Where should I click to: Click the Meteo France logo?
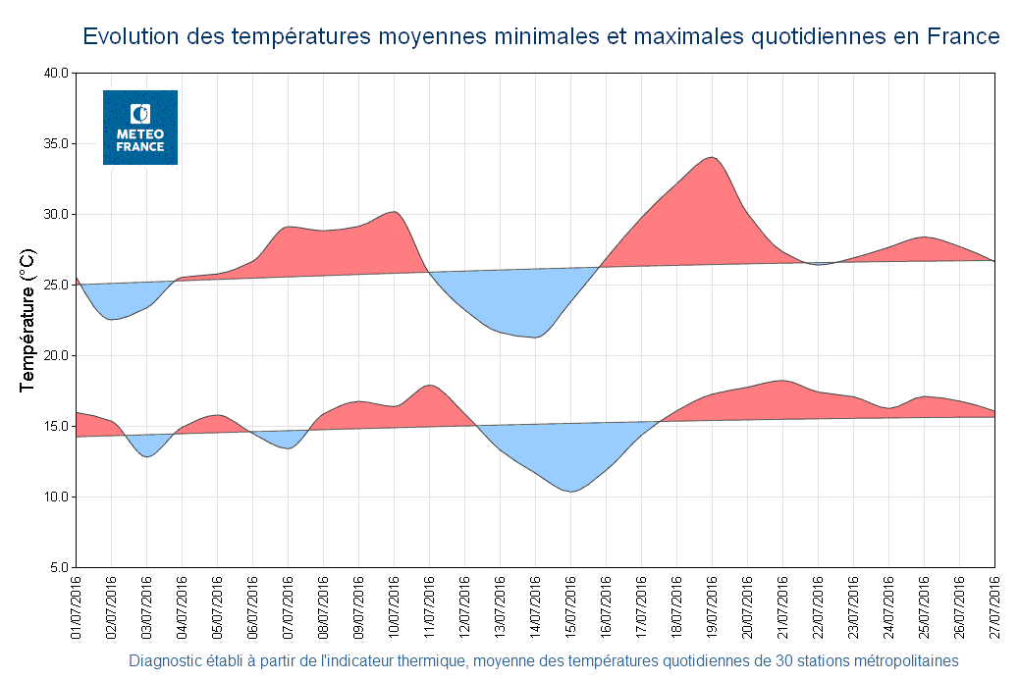(140, 128)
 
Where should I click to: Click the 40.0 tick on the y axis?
(55, 74)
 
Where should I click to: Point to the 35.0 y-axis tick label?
(55, 144)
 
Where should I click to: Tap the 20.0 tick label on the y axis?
(55, 356)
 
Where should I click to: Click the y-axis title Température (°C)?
(27, 321)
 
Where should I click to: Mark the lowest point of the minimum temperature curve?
(570, 491)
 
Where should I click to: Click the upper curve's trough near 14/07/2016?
(534, 338)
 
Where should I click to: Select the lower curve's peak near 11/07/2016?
(429, 385)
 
